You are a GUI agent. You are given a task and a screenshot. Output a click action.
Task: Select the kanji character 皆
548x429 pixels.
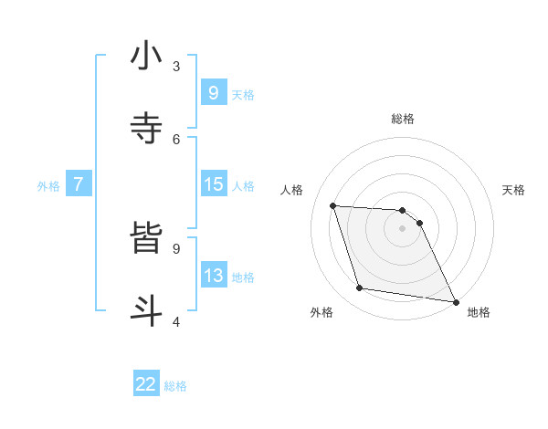[146, 238]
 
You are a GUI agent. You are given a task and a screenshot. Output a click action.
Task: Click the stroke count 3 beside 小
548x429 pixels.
[176, 66]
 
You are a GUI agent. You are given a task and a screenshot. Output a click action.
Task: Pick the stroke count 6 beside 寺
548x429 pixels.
[176, 139]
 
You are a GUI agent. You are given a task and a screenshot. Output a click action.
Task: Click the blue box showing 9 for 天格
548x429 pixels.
[213, 93]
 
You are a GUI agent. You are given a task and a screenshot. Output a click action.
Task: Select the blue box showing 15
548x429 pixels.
[213, 184]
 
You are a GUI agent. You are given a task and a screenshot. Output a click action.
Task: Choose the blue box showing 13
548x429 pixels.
[213, 276]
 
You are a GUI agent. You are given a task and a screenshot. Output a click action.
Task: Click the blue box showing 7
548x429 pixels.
[79, 184]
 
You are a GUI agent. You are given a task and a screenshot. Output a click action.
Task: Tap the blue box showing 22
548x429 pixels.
[146, 385]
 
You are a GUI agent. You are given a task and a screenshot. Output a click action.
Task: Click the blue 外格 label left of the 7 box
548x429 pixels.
[48, 186]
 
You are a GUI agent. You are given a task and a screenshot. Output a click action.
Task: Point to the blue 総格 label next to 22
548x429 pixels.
[175, 386]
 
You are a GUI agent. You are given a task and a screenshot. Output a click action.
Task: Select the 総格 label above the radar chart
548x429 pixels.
[403, 119]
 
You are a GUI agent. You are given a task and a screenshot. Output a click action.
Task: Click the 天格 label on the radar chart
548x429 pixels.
[513, 190]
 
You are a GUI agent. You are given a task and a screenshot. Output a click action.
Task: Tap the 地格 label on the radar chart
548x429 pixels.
[479, 312]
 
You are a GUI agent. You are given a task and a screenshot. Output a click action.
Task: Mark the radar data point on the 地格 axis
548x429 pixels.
[454, 301]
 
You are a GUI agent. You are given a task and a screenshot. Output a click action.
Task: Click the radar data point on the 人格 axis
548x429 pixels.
[333, 205]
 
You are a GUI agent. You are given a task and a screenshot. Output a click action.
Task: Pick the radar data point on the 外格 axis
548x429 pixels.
[360, 288]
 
